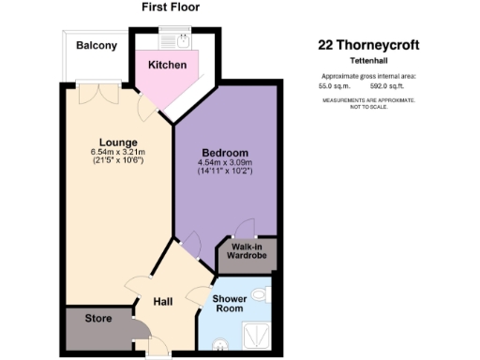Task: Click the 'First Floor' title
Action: point(171,7)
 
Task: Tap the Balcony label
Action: point(96,45)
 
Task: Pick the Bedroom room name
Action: point(224,153)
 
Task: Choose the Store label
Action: point(98,318)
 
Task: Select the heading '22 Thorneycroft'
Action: point(369,44)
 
